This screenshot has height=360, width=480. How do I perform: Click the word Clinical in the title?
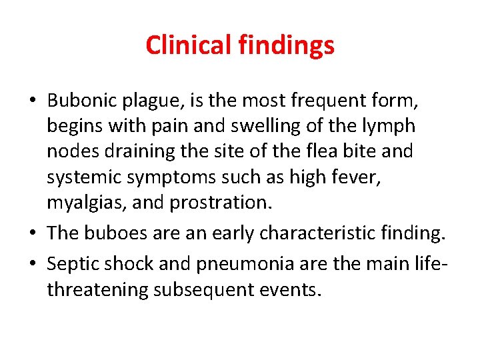click(189, 45)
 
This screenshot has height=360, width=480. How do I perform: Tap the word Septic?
click(73, 265)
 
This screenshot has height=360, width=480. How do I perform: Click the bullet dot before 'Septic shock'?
click(33, 265)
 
